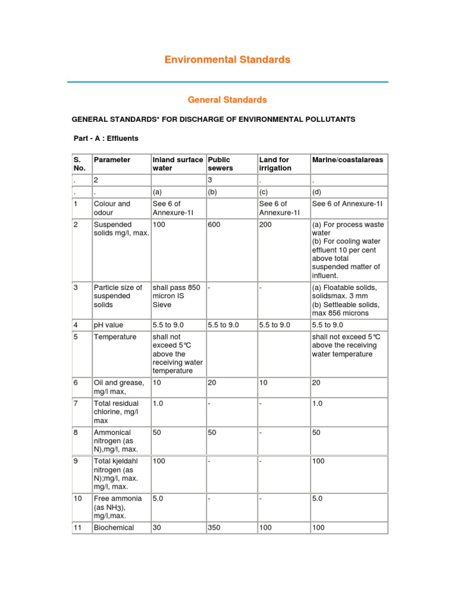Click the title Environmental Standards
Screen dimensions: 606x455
point(227,59)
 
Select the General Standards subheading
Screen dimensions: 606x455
point(227,100)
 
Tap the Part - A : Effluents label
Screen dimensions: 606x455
point(105,138)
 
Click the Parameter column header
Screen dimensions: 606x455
point(112,160)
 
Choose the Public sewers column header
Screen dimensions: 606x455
point(219,164)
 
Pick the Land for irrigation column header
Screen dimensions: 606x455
point(275,164)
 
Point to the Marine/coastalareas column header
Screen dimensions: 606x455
point(347,160)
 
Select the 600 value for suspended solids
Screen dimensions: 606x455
point(214,225)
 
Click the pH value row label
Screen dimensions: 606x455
point(109,325)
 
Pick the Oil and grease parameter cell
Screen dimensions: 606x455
point(118,387)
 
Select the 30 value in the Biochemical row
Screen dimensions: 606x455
point(157,527)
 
